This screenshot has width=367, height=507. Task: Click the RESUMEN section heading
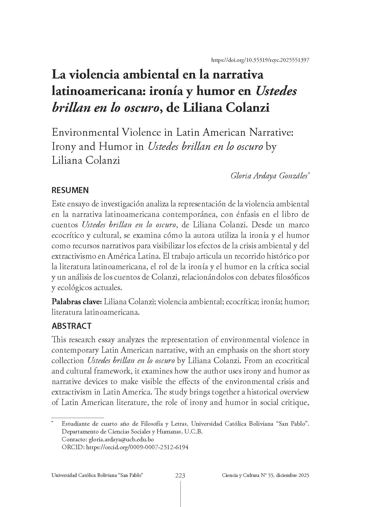70,190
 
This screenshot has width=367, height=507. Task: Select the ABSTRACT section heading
71,326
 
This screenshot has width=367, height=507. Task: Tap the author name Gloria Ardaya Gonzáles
269,176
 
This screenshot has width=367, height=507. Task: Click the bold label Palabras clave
77,302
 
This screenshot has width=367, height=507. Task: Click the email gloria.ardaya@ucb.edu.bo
123,440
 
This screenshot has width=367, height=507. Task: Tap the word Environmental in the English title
85,133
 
